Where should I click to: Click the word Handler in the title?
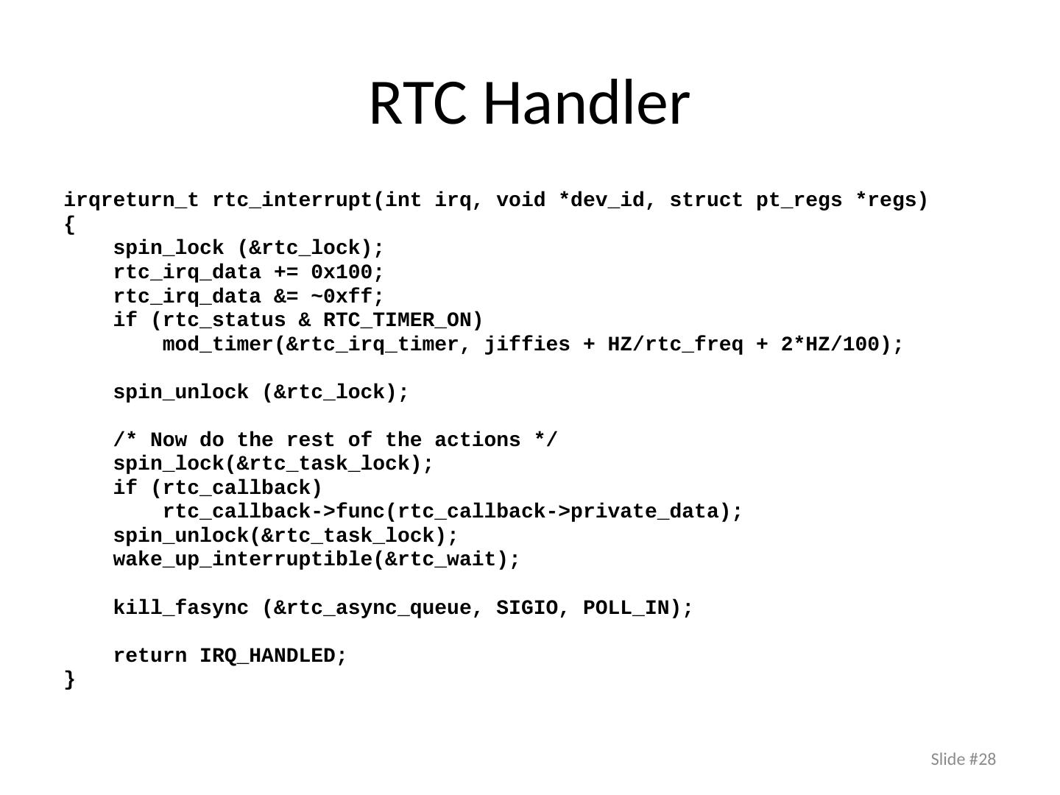pyautogui.click(x=586, y=103)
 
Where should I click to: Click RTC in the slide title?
pyautogui.click(x=418, y=104)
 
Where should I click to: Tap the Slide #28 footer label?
pyautogui.click(x=963, y=759)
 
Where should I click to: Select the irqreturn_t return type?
pyautogui.click(x=131, y=200)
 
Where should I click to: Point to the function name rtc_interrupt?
pyautogui.click(x=293, y=200)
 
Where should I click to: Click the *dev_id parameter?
pyautogui.click(x=601, y=199)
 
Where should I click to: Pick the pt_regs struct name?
pyautogui.click(x=799, y=200)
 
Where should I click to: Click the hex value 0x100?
pyautogui.click(x=342, y=272)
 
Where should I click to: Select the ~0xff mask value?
pyautogui.click(x=342, y=296)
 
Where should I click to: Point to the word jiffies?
pyautogui.click(x=527, y=344)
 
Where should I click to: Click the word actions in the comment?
pyautogui.click(x=477, y=439)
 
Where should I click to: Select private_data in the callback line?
pyautogui.click(x=645, y=512)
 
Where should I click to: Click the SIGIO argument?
pyautogui.click(x=527, y=607)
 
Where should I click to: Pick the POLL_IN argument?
pyautogui.click(x=626, y=608)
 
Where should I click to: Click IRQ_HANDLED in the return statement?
pyautogui.click(x=267, y=656)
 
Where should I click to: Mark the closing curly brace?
pyautogui.click(x=69, y=679)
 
